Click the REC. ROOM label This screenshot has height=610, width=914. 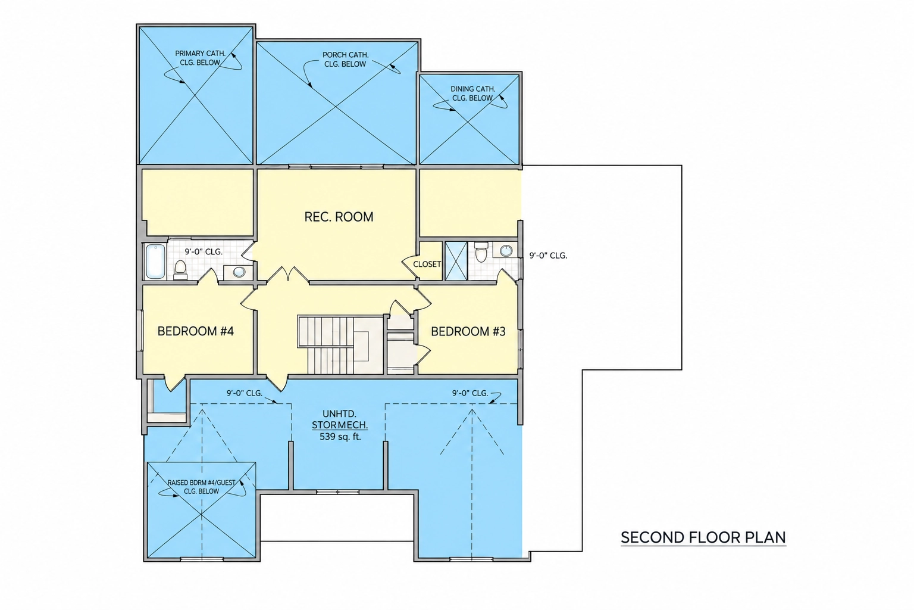coord(339,217)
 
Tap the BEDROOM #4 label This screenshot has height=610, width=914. coord(195,331)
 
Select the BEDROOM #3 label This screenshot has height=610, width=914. coord(468,331)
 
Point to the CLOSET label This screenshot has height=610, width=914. coord(427,264)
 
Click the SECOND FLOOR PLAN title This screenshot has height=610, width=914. coord(703,537)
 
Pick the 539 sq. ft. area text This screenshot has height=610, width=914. coord(340,437)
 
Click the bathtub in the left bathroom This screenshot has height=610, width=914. coord(155,262)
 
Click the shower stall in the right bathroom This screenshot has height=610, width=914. coord(456,261)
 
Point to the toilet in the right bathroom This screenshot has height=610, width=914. coord(481,251)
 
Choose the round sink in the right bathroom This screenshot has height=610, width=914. coord(506,250)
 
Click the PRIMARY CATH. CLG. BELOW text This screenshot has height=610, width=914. coord(200,58)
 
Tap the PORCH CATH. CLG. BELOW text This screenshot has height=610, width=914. coord(345,59)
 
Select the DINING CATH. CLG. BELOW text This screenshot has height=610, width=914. coord(472,94)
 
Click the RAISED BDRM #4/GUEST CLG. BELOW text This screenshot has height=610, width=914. coord(202,487)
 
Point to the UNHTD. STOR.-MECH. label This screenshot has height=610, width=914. coord(340,419)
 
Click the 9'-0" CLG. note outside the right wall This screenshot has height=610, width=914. coord(548,256)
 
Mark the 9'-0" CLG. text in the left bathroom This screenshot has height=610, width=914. coord(204,251)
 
